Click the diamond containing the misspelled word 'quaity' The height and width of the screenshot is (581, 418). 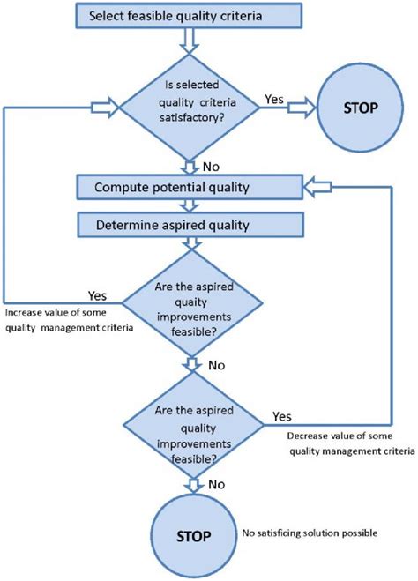click(190, 308)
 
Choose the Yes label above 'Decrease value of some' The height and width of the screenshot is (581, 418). click(283, 415)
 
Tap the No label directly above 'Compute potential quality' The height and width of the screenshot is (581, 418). click(213, 165)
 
